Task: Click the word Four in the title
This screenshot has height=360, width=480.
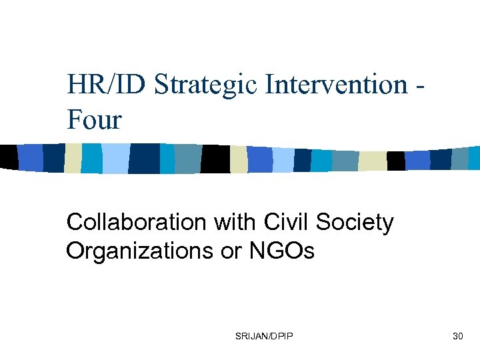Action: (x=94, y=120)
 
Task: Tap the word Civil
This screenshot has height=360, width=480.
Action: (x=287, y=222)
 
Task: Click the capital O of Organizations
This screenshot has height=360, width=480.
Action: (x=75, y=251)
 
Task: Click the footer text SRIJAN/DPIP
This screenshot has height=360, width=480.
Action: (x=264, y=337)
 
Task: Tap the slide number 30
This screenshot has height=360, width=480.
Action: (x=457, y=337)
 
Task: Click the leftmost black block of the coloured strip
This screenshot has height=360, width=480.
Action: (x=8, y=157)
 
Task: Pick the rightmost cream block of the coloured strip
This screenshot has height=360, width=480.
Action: (x=371, y=161)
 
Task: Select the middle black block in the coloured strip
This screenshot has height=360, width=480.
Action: (x=216, y=159)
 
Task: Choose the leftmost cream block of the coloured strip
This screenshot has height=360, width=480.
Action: (x=72, y=158)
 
